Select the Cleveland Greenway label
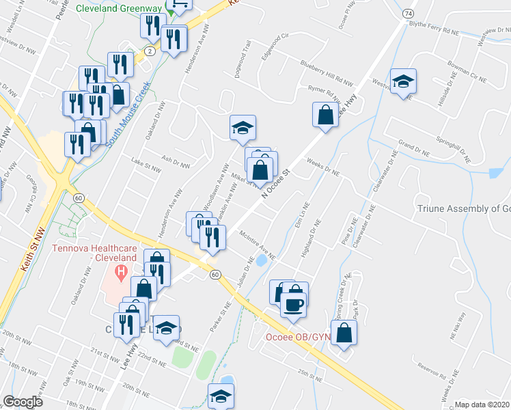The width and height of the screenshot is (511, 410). coord(119,9)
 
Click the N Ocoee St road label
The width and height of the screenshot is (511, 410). coord(275,182)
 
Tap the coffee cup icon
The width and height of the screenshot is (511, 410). coord(294,305)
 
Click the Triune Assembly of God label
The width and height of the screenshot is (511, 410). coord(464,209)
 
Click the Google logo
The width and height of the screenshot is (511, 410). coord(23,402)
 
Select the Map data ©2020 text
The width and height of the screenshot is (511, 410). coord(483,405)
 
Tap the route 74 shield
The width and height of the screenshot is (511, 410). coord(408,13)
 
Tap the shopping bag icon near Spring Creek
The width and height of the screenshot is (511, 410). coord(346,333)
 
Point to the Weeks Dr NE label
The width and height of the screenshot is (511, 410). coord(324,167)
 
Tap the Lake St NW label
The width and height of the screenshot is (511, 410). coord(146,163)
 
